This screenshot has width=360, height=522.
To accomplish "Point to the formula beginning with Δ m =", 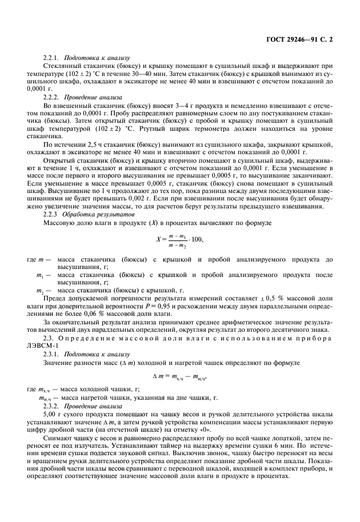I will point(179,376).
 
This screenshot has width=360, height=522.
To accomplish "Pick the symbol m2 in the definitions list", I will point(41,291).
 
